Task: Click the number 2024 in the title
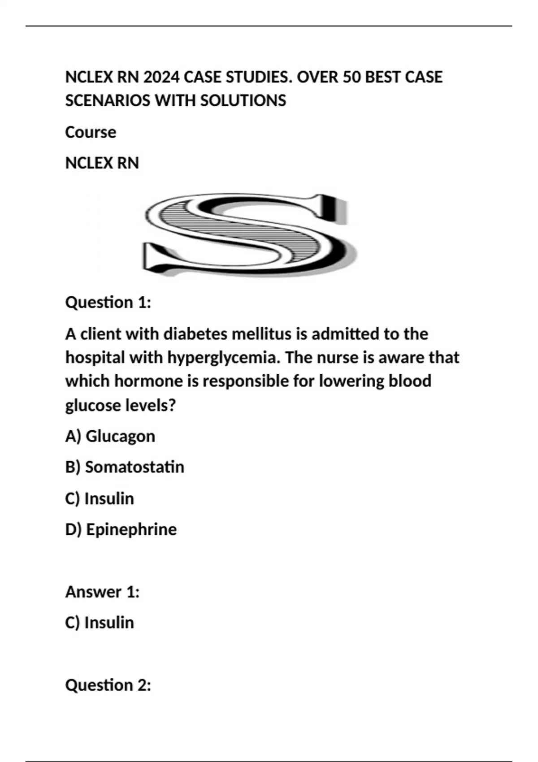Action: click(161, 77)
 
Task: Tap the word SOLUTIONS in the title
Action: click(243, 100)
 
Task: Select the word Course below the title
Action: click(91, 132)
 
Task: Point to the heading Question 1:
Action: click(108, 302)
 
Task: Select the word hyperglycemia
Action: click(224, 358)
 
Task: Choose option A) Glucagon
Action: click(110, 436)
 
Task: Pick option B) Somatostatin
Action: click(125, 467)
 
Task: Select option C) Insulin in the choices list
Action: click(100, 498)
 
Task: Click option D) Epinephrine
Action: click(121, 529)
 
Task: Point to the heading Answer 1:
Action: click(103, 592)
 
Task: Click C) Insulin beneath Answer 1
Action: click(100, 623)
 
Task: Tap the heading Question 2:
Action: click(108, 685)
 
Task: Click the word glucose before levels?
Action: click(93, 405)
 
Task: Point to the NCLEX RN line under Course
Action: click(102, 163)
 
